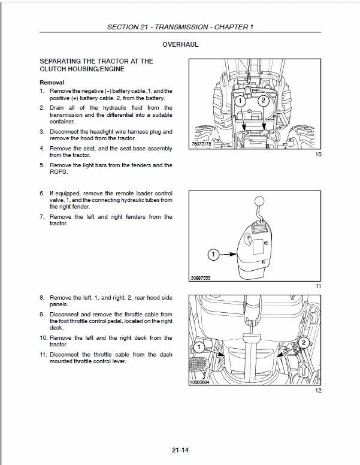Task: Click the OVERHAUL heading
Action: coord(180,44)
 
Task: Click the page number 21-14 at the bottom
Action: coord(180,451)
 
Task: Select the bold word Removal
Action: coord(52,82)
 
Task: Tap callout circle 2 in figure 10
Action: coord(263,101)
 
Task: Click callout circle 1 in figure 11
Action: coord(214,255)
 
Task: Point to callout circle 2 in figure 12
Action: coord(304,343)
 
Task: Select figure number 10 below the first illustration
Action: coord(317,155)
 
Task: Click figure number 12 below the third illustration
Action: coord(317,391)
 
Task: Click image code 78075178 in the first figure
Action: coord(201,144)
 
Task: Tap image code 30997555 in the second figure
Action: coord(201,277)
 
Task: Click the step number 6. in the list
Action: coord(43,194)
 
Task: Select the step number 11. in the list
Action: coord(43,355)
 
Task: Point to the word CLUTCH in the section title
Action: coord(55,69)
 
